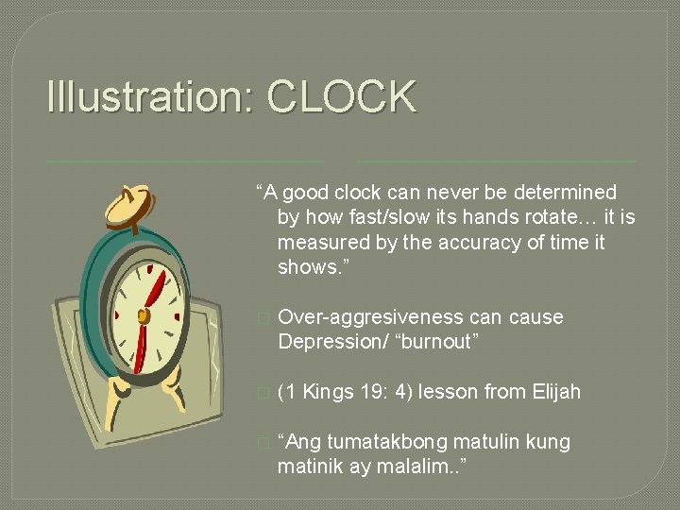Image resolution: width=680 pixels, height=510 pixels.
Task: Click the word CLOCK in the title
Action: pyautogui.click(x=342, y=96)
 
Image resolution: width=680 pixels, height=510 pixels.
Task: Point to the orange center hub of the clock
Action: pyautogui.click(x=144, y=314)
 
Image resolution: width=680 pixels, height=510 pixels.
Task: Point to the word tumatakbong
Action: pyautogui.click(x=382, y=442)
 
